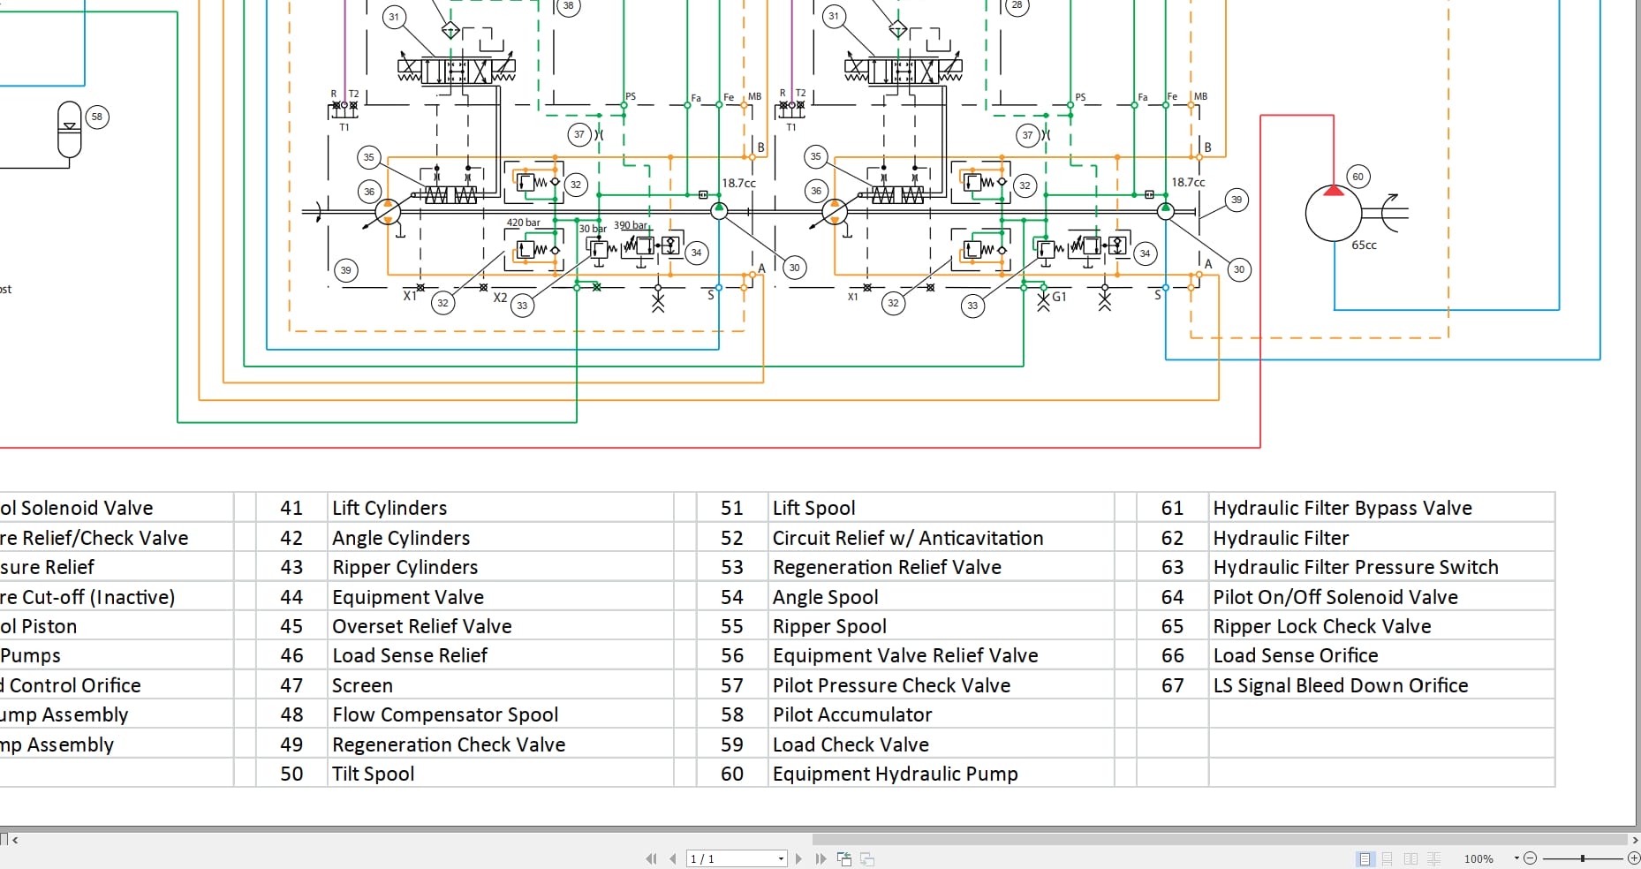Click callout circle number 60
tap(1357, 177)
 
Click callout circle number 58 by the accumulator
tap(97, 117)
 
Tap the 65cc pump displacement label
tap(1364, 246)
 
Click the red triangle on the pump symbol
tap(1334, 190)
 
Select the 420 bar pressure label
tap(523, 223)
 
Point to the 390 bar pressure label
tap(631, 225)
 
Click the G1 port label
tap(1059, 297)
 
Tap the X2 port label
tap(500, 298)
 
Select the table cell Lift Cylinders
tap(389, 508)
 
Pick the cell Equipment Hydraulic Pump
tap(895, 774)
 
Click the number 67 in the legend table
tap(1172, 685)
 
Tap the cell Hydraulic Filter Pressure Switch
tap(1355, 567)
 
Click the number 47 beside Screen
tap(291, 685)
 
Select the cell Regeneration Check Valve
tap(449, 744)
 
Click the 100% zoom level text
tap(1478, 858)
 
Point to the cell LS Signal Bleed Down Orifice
tap(1340, 685)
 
